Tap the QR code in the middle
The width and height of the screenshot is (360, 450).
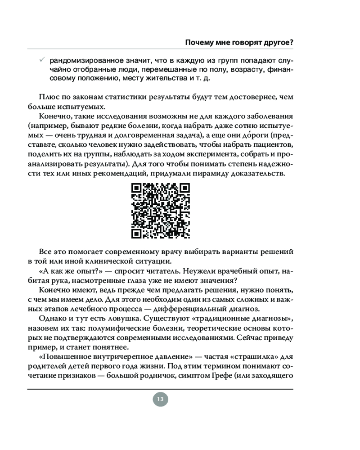click(161, 211)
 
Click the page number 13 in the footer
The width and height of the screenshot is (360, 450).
click(160, 399)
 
